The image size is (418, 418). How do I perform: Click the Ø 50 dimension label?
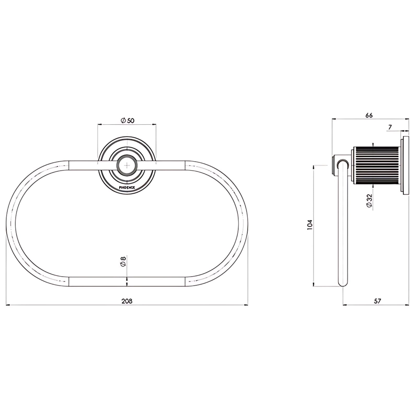click(x=127, y=120)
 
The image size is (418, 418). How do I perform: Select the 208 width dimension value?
click(x=127, y=301)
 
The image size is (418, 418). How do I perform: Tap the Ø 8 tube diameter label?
click(x=123, y=262)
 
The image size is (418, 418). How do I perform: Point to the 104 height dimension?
click(x=310, y=225)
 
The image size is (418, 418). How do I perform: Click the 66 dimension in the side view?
click(x=369, y=115)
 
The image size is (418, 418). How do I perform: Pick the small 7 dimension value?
click(x=390, y=127)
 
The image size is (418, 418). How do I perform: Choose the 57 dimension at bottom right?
click(x=378, y=301)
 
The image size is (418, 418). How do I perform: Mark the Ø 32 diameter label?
click(x=369, y=201)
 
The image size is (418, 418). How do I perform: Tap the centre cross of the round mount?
click(x=127, y=165)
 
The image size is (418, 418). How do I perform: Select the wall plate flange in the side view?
click(x=405, y=165)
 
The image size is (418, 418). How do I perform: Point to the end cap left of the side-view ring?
click(x=334, y=165)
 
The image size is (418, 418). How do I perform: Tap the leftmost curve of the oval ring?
click(x=11, y=224)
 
